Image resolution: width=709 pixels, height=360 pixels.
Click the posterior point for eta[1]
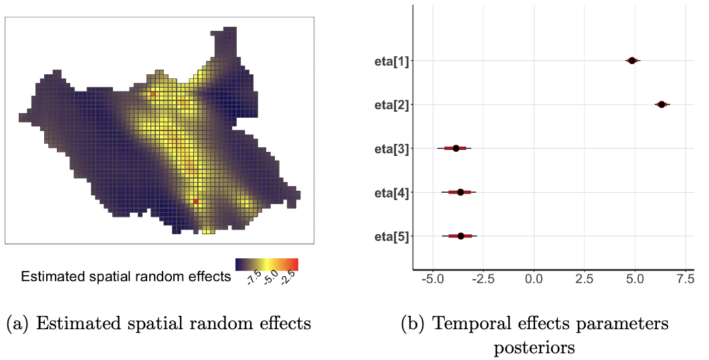coord(632,61)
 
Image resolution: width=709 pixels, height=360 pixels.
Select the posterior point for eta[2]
coord(662,104)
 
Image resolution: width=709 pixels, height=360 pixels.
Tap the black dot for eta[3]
coord(456,149)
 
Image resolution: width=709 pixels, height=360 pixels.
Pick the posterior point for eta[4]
coord(460,192)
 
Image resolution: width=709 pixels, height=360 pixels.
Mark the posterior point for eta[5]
coord(461,236)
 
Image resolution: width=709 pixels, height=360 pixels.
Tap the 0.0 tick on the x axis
coord(534,277)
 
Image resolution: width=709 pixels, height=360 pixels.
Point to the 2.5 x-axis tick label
coord(585,277)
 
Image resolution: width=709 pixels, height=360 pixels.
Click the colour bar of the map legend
coord(266,264)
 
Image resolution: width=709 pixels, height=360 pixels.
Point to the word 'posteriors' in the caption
coord(535,348)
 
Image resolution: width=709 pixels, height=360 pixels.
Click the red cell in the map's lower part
coord(195,201)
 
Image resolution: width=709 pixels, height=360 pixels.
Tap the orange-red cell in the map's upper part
coord(153,95)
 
